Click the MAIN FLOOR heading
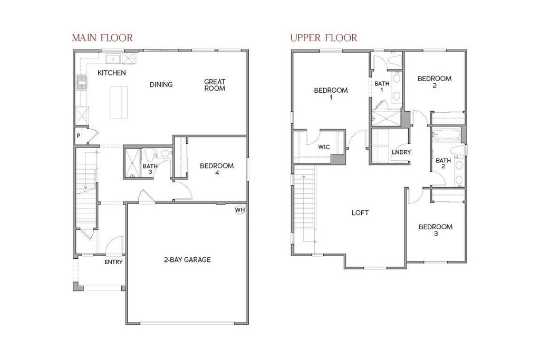click(x=102, y=37)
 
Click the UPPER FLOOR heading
click(x=324, y=37)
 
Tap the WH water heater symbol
click(x=240, y=210)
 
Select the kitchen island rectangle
click(x=119, y=102)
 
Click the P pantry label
click(x=79, y=136)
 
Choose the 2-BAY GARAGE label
click(x=187, y=259)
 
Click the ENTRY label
click(x=113, y=262)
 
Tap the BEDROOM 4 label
click(x=217, y=169)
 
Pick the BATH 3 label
click(x=150, y=169)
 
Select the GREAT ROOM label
click(x=215, y=85)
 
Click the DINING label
click(x=161, y=84)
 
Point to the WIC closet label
click(x=324, y=147)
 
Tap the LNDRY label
click(x=401, y=152)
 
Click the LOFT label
click(x=360, y=213)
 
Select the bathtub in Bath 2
click(x=446, y=135)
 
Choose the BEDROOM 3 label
click(x=435, y=230)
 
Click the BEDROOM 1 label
click(x=331, y=94)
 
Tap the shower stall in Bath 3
click(x=132, y=163)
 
